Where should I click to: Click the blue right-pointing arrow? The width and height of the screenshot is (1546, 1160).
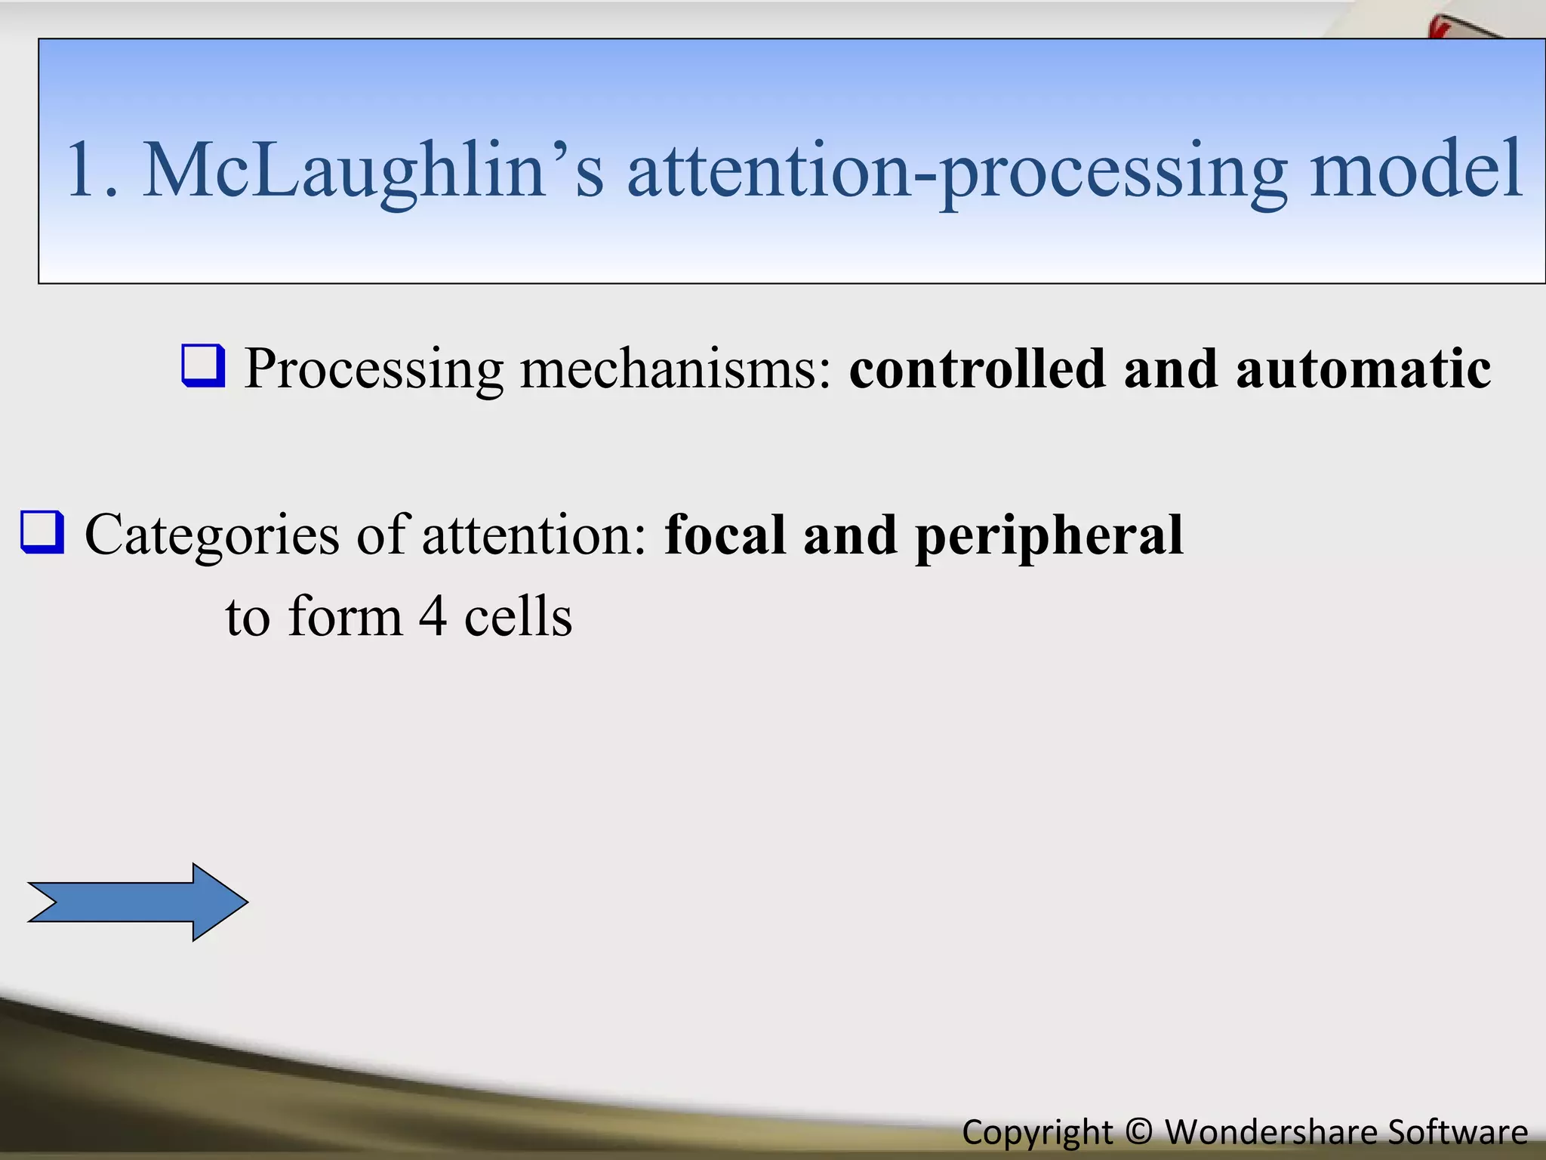(x=137, y=902)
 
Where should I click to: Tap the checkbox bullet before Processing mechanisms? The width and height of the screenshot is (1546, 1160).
(x=203, y=366)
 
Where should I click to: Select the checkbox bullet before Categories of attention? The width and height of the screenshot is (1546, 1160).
(x=42, y=532)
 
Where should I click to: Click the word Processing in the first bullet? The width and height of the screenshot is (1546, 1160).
(x=374, y=370)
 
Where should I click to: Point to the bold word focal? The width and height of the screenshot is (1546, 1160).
(x=724, y=534)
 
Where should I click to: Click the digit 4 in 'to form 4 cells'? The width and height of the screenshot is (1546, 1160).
(x=433, y=616)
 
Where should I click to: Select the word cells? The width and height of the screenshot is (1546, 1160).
(x=518, y=616)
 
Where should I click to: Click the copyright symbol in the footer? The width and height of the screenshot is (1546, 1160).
(x=1138, y=1132)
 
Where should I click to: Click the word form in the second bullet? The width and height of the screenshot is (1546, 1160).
(x=345, y=616)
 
